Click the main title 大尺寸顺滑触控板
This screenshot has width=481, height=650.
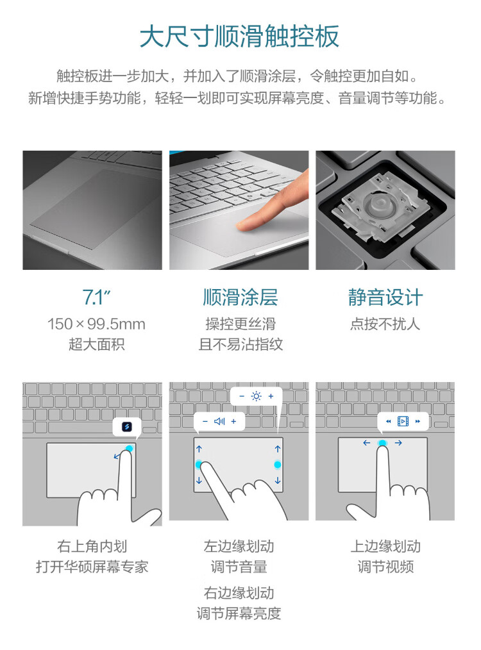(x=240, y=37)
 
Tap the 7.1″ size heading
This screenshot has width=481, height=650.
(x=96, y=297)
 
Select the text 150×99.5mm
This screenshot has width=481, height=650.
(x=96, y=324)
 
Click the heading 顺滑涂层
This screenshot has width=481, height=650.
(x=240, y=297)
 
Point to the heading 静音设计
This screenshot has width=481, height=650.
(x=385, y=297)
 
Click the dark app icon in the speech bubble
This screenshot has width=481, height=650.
(x=127, y=426)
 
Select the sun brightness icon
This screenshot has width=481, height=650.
(x=257, y=396)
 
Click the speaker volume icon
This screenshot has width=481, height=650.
(x=219, y=422)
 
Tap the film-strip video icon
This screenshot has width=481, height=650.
(x=403, y=421)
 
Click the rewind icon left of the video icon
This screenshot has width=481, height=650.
(x=389, y=422)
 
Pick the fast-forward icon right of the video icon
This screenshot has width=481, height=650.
(x=418, y=422)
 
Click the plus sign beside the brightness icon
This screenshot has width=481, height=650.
(x=271, y=396)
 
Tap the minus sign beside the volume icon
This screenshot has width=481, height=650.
(x=205, y=422)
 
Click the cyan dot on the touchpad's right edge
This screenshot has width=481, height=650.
(x=278, y=465)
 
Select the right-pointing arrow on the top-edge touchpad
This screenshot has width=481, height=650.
(x=398, y=443)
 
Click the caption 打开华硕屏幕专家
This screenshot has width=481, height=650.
(x=92, y=567)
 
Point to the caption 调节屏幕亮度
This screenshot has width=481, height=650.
(x=239, y=613)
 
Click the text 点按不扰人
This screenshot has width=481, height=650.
(x=385, y=324)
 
